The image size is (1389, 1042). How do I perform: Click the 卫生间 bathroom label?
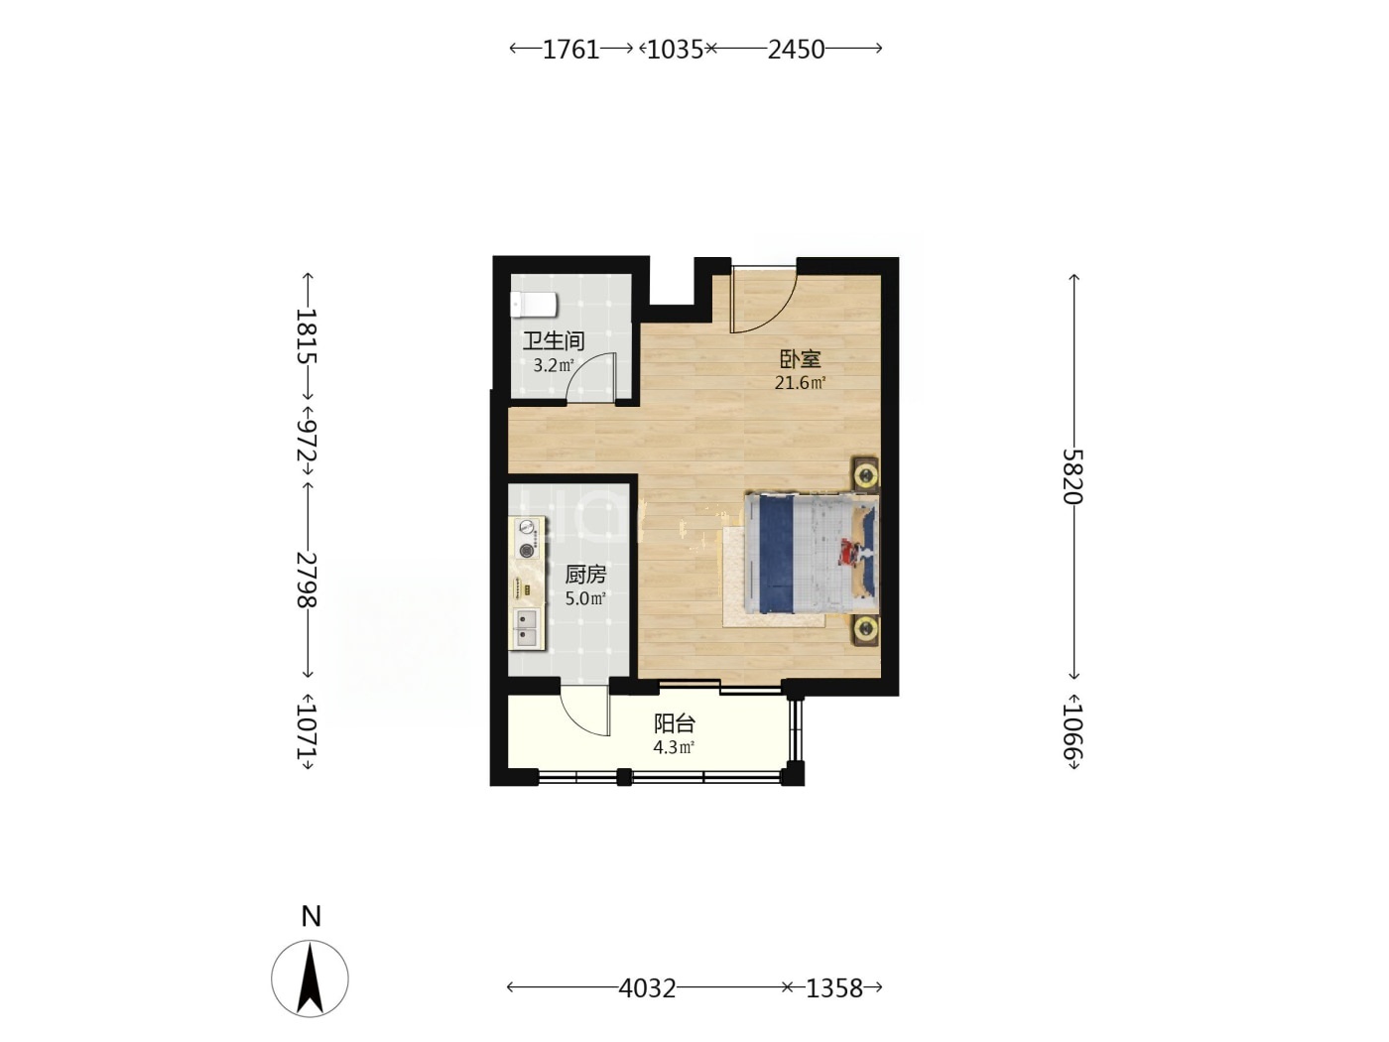[553, 341]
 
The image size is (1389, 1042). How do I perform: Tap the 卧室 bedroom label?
[800, 359]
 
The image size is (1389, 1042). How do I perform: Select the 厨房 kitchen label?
[585, 575]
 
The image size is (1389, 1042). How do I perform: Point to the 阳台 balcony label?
[675, 723]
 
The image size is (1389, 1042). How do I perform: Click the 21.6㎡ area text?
[801, 383]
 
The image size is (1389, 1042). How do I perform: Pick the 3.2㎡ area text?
[554, 365]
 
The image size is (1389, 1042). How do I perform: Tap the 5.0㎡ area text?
[585, 597]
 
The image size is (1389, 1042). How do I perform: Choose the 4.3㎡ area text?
[674, 747]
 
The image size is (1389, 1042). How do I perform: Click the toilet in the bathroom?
[534, 305]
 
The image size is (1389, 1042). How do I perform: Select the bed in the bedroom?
[812, 554]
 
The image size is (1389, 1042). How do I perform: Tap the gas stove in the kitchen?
[527, 540]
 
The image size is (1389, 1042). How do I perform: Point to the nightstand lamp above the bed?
[864, 473]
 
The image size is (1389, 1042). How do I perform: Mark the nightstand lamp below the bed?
[864, 629]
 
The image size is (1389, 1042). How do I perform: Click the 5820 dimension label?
[1073, 476]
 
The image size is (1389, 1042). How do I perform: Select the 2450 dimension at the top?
[796, 50]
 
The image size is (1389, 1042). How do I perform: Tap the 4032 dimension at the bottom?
[647, 987]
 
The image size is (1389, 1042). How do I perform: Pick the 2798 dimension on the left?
[307, 579]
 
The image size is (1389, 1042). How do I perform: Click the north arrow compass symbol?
[311, 978]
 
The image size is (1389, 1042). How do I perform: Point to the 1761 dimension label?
[570, 50]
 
